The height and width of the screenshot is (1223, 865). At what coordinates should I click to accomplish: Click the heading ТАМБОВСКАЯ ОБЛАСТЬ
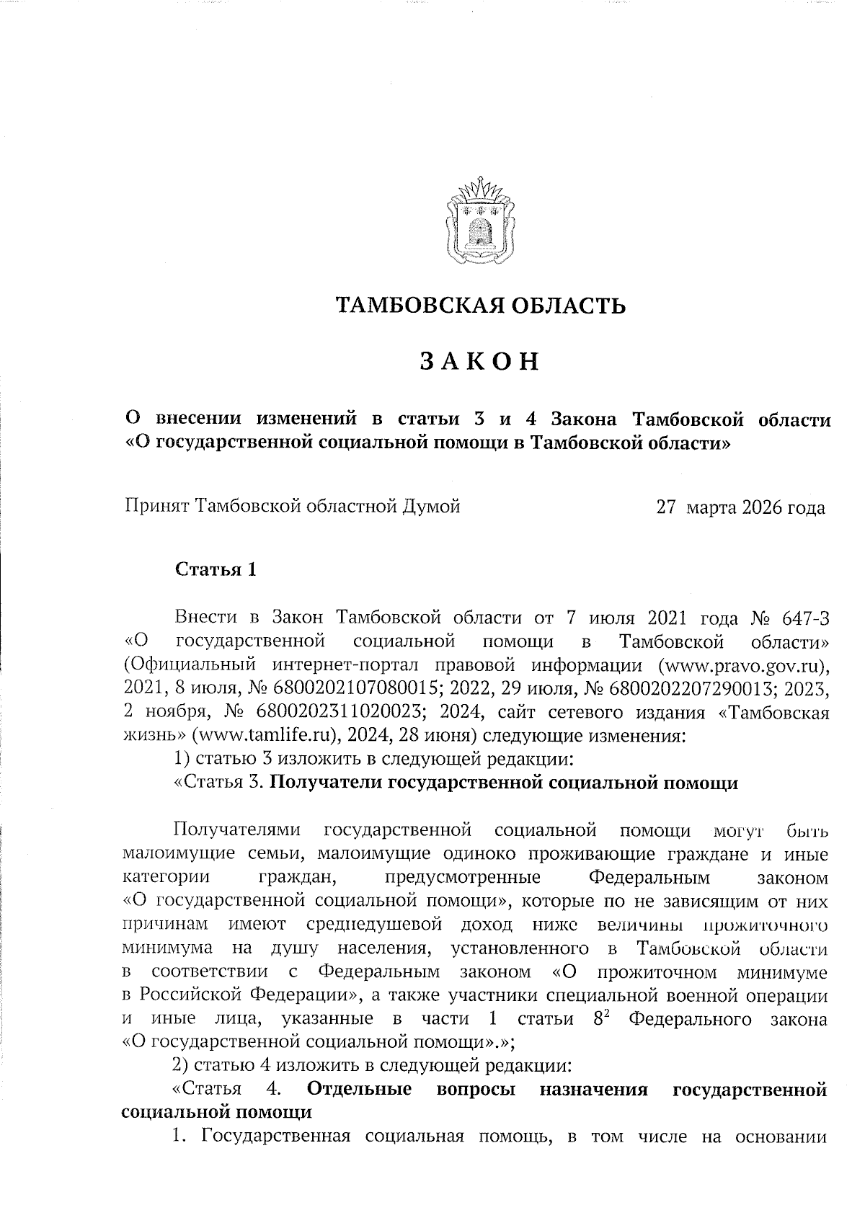click(482, 306)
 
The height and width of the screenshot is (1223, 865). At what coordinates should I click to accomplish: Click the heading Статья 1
click(216, 570)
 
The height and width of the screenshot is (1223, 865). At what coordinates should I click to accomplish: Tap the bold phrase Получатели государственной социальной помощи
click(507, 783)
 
